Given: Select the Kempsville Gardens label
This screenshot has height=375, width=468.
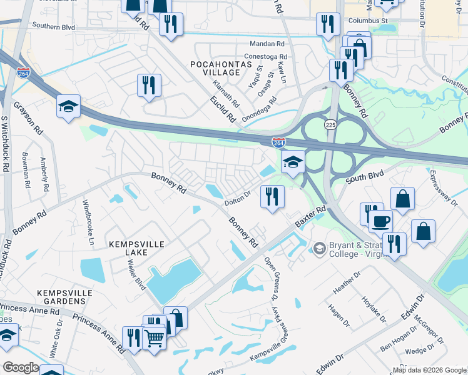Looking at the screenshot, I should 61,297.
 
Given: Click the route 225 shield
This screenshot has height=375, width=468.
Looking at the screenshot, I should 330,125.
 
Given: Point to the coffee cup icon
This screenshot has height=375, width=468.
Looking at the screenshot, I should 380,222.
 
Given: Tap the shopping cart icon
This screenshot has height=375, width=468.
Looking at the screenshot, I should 154,338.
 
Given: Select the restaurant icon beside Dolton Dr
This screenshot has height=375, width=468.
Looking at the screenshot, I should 272,197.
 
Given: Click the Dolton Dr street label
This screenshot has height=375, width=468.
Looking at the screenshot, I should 238,198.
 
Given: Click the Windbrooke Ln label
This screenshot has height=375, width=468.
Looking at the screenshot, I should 88,222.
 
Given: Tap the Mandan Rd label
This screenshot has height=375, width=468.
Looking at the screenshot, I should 267,44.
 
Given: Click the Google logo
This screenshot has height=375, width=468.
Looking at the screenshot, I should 20,367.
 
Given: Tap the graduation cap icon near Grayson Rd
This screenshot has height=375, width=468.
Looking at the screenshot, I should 69,107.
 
